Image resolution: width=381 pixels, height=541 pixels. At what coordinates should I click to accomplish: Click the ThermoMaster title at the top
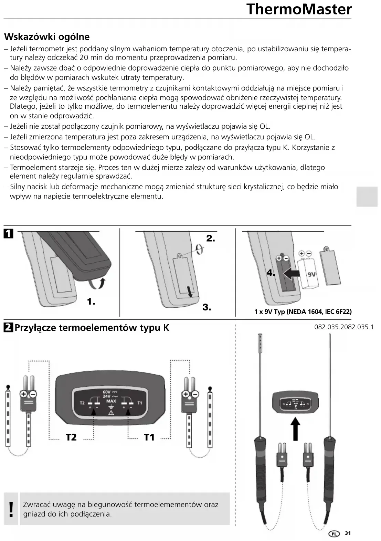coord(299,9)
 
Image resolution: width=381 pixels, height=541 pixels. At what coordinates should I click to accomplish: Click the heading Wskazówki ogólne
coord(47,37)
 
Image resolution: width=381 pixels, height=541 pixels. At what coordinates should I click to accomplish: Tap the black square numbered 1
coord(8,234)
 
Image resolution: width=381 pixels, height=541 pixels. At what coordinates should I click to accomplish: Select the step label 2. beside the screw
coord(211,238)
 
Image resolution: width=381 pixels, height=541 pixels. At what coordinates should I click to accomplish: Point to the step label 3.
coord(207,307)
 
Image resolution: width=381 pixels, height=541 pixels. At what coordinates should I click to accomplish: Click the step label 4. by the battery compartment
coord(271,273)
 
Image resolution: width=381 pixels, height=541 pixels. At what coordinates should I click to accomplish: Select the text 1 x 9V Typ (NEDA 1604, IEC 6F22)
coord(303,312)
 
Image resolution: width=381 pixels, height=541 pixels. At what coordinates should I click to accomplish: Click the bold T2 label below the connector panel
coord(71,437)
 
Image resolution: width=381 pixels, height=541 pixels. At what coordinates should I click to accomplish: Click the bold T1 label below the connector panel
coord(149,437)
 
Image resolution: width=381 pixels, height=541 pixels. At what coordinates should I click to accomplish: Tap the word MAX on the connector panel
coord(111,401)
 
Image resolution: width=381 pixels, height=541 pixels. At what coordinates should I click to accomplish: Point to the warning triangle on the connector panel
coord(111,413)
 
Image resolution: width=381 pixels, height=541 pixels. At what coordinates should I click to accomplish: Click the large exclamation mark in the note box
coord(11,510)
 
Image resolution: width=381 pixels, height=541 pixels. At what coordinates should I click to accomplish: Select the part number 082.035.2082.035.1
coord(344,327)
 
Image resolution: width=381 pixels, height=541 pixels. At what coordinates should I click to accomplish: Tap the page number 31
coord(348,533)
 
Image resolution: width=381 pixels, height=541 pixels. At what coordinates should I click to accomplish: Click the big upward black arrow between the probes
coord(296,429)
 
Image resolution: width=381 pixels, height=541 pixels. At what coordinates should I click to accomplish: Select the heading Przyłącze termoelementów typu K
coord(92,328)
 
